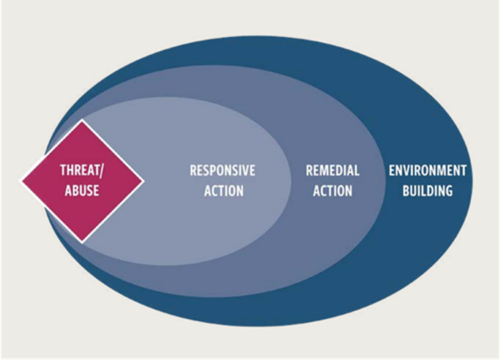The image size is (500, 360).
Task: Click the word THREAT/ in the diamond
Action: [82, 170]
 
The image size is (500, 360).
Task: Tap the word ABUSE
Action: [82, 191]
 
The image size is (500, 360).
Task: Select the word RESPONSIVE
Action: [223, 170]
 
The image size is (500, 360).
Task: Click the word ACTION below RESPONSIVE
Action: [223, 191]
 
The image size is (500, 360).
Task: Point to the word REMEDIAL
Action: [332, 170]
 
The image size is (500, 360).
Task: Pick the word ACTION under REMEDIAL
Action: [332, 191]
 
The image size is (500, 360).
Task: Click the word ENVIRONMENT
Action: [428, 170]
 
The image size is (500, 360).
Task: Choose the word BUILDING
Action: [428, 191]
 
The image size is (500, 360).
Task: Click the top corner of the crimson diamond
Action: [82, 120]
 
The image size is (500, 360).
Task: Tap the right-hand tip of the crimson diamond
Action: [143, 181]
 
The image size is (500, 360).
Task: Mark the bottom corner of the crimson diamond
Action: [82, 242]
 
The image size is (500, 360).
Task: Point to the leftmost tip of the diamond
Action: [22, 181]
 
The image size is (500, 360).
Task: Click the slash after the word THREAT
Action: [101, 171]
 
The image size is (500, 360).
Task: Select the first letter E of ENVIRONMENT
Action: [392, 170]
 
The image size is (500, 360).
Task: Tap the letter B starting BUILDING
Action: [406, 191]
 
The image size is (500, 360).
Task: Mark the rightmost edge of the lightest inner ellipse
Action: [291, 181]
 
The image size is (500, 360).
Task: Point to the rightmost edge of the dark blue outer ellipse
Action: [473, 181]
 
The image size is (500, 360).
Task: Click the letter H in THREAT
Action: [71, 170]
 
